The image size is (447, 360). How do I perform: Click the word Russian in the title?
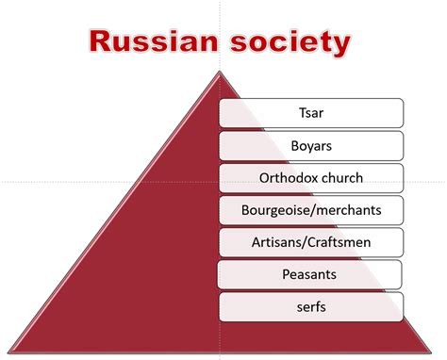149,42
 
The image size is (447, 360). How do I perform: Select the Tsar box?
311,114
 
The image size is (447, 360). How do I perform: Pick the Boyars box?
311,146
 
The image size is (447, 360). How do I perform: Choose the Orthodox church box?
311,178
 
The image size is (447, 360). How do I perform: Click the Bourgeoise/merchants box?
311,210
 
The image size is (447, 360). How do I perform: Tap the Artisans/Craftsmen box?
311,242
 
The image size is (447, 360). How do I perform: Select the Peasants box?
311,274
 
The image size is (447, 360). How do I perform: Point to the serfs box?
311,306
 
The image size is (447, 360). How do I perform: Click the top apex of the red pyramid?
219,72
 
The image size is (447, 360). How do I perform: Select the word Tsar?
311,114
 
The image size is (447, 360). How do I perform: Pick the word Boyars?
311,146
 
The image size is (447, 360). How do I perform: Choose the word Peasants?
311,274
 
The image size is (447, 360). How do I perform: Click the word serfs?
311,306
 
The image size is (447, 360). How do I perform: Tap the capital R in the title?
100,42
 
